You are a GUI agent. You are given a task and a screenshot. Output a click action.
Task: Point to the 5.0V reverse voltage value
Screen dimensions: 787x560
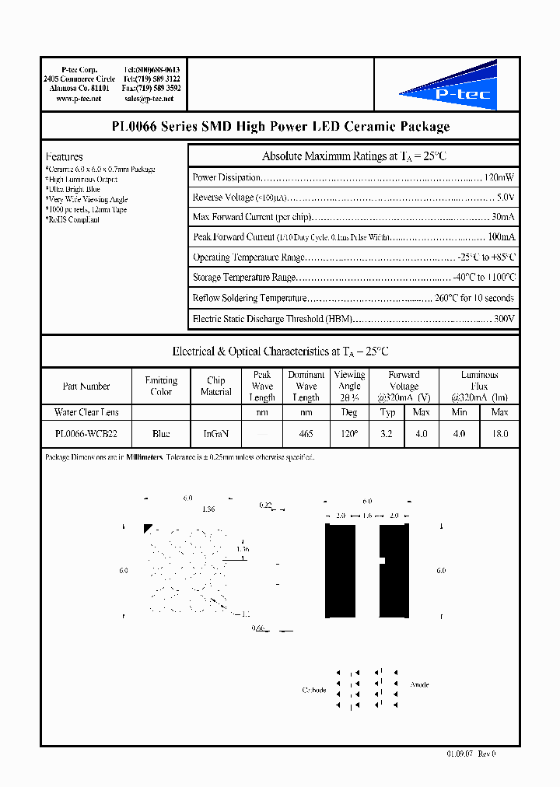[505, 198]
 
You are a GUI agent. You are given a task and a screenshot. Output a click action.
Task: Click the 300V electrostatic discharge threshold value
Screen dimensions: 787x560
[504, 318]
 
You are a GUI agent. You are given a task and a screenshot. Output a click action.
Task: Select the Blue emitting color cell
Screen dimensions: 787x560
[161, 434]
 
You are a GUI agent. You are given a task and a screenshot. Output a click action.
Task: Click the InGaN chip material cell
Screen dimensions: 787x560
[215, 434]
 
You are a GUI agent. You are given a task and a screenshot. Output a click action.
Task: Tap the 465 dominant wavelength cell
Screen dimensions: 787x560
[306, 434]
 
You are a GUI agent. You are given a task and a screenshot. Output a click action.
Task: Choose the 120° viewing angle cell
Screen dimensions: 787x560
[349, 434]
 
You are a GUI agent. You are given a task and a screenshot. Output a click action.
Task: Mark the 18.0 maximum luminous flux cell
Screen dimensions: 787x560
[499, 434]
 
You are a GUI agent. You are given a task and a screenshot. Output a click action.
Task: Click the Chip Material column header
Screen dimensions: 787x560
[215, 386]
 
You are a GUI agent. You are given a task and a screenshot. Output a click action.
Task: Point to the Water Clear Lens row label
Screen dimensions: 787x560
[86, 412]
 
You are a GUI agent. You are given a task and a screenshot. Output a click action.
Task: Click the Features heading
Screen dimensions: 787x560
[64, 156]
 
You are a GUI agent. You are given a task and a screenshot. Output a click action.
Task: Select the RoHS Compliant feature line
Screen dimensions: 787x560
[72, 219]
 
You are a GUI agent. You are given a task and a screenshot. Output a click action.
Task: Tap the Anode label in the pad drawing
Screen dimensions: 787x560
[419, 684]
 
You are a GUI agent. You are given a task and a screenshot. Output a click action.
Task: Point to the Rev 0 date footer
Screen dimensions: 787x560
[471, 754]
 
